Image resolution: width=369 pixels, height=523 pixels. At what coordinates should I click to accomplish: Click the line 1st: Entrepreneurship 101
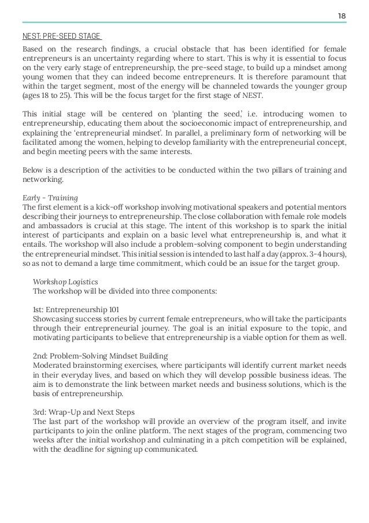[73, 309]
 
